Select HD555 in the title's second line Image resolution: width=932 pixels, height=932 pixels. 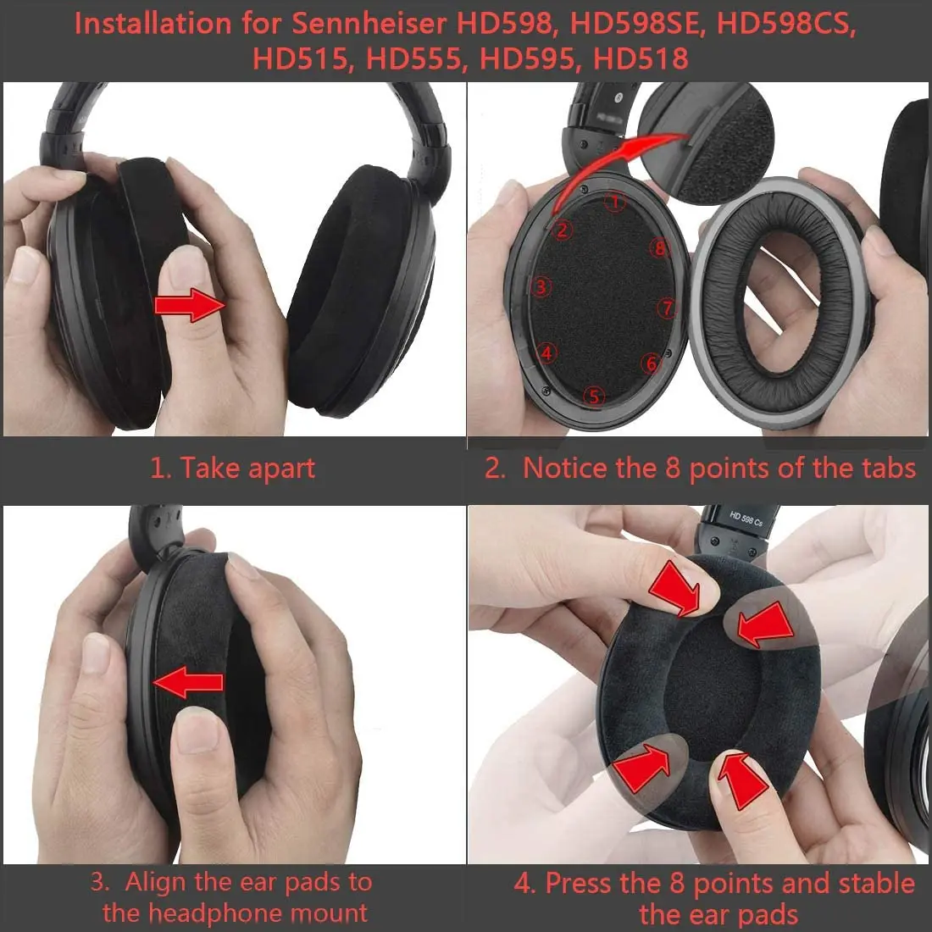(x=413, y=58)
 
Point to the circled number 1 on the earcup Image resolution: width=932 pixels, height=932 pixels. (x=616, y=202)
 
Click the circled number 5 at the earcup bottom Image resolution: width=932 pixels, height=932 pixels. (x=594, y=396)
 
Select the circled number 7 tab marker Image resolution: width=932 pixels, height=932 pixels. (x=668, y=308)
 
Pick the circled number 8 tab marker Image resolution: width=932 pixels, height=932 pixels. (x=661, y=248)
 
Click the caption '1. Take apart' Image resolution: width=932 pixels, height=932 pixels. (x=232, y=468)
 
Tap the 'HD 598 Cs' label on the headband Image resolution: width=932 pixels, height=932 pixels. (x=746, y=518)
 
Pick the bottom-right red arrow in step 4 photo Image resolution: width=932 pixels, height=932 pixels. (x=738, y=777)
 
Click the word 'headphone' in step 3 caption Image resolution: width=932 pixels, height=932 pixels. (x=235, y=913)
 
